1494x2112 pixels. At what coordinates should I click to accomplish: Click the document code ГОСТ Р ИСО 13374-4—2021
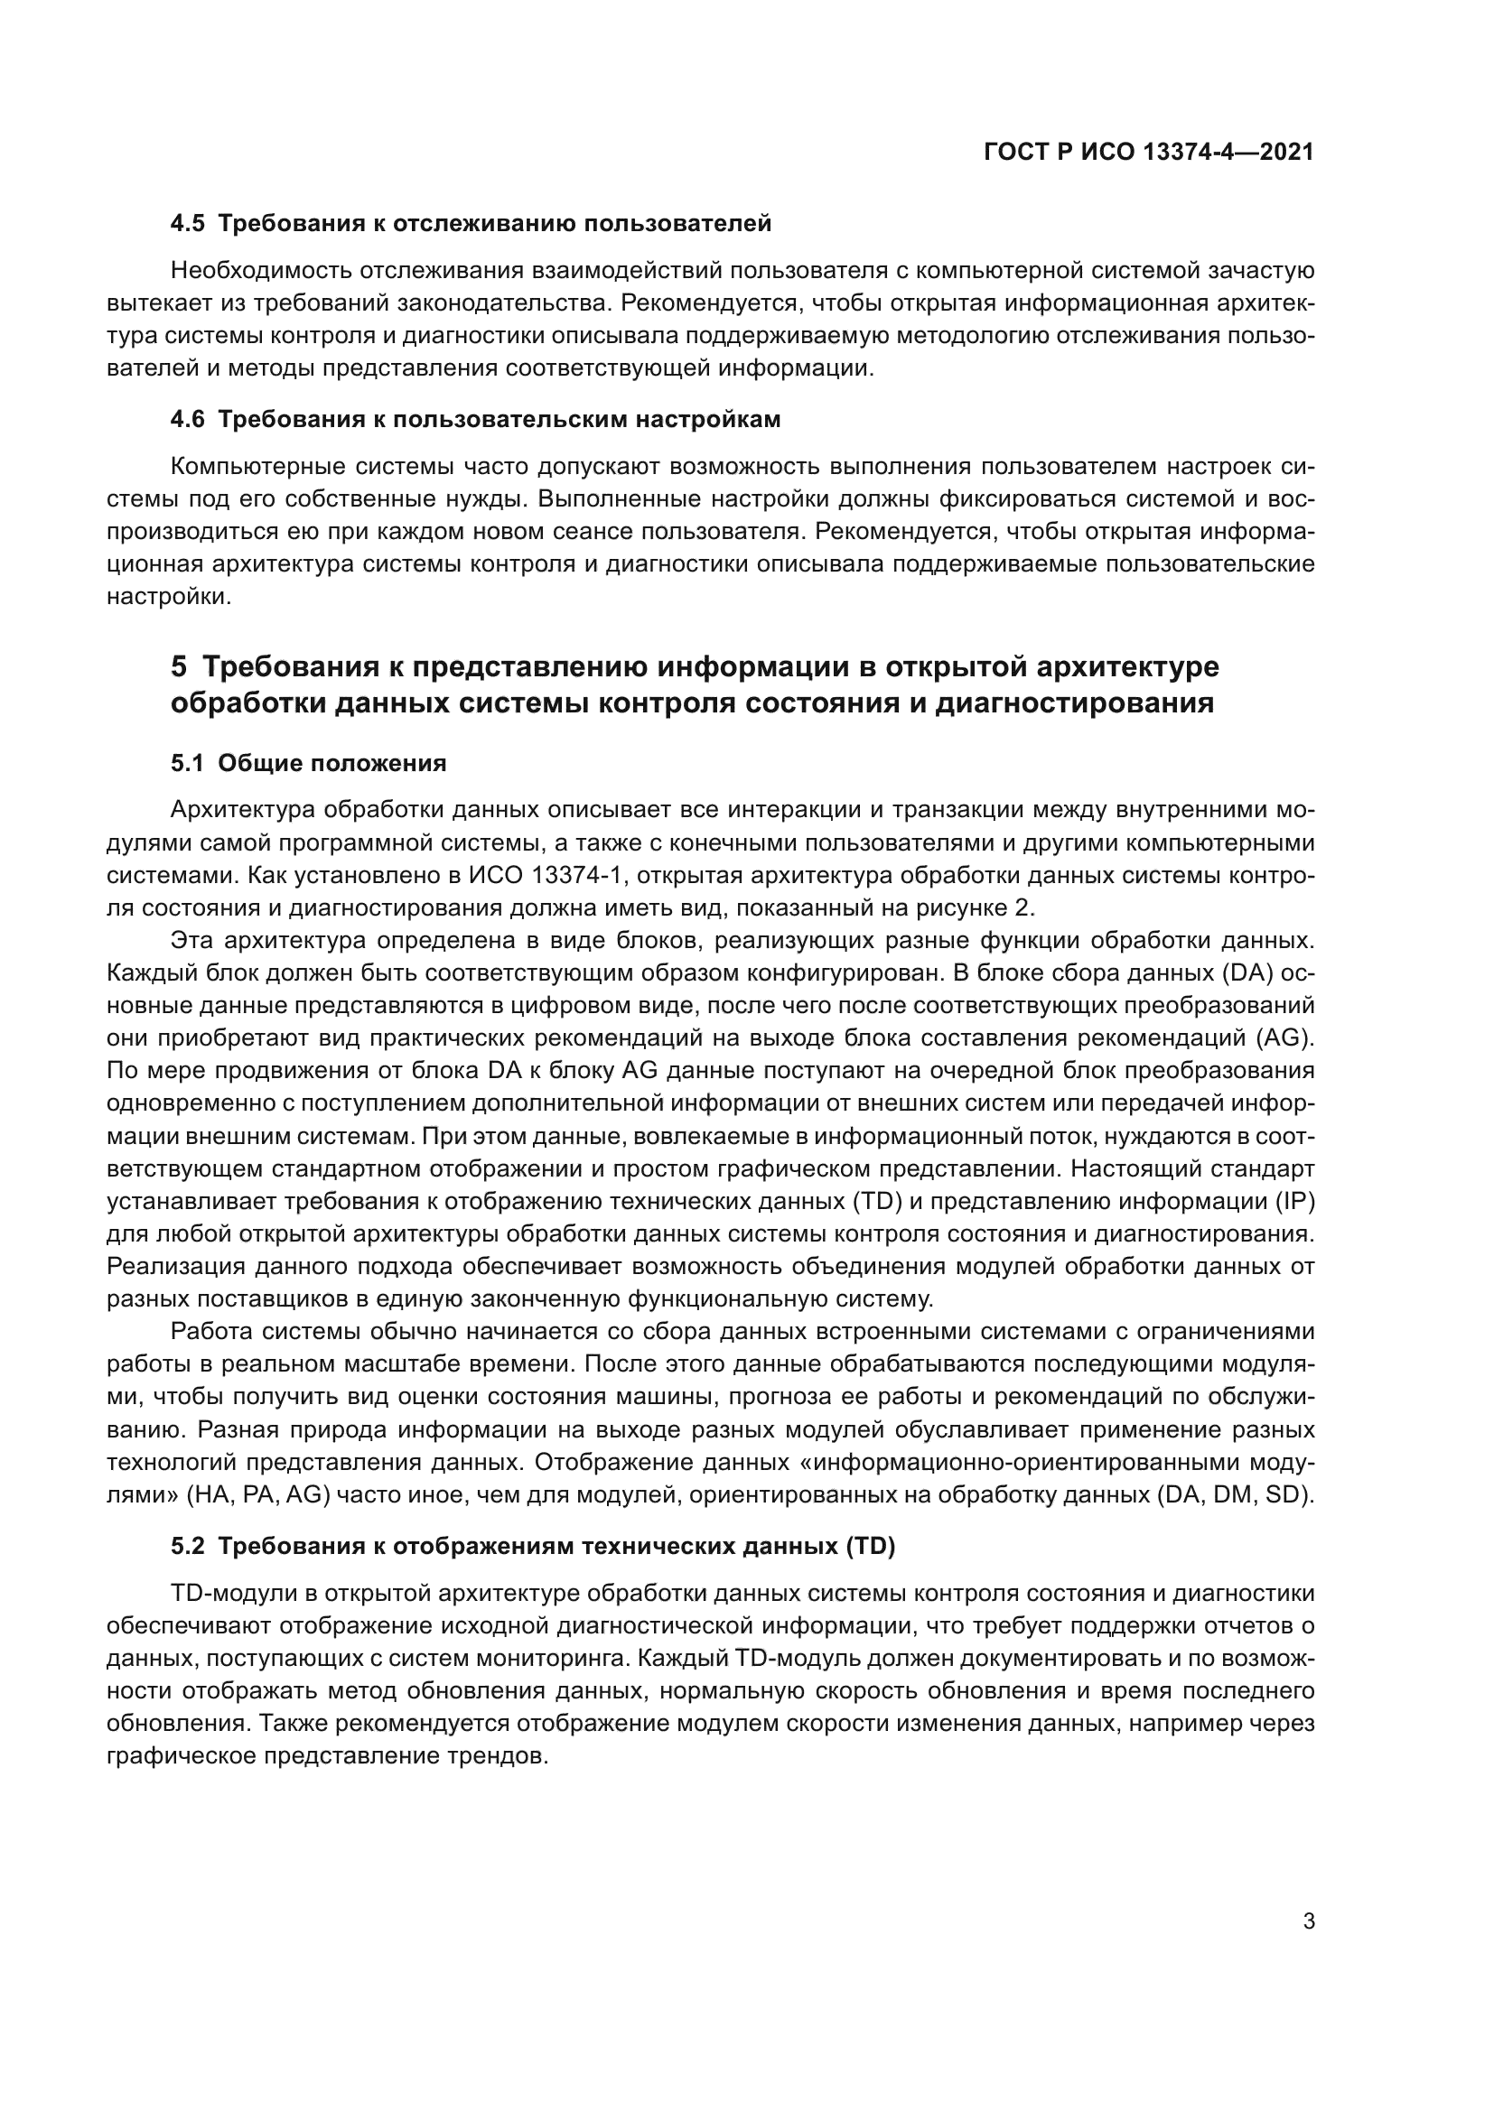click(1148, 153)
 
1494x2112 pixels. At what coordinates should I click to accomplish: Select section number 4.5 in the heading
click(188, 224)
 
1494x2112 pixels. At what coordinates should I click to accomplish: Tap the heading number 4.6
click(188, 420)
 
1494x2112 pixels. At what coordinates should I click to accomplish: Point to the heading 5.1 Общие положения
click(308, 764)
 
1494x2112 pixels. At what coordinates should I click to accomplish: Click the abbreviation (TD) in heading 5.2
click(869, 1546)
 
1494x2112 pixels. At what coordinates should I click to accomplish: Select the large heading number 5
click(179, 666)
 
